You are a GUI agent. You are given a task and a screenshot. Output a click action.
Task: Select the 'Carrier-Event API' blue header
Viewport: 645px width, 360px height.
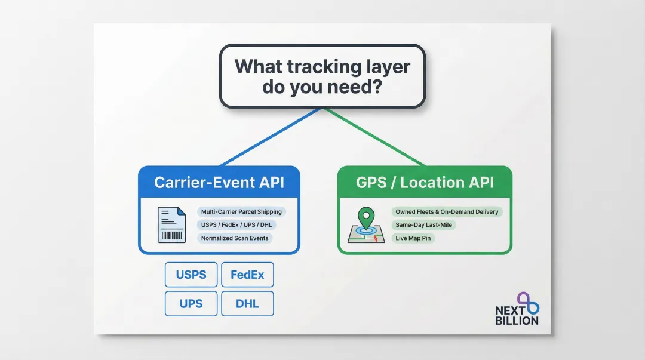[219, 182]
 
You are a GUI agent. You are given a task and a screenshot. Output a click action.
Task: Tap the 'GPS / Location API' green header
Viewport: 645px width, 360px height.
[425, 182]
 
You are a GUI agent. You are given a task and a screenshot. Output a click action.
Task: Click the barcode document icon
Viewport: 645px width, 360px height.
[171, 224]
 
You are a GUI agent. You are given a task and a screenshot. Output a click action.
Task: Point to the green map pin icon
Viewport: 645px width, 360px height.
[366, 221]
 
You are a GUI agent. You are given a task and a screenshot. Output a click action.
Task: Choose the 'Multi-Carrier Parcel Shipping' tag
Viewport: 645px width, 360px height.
[241, 211]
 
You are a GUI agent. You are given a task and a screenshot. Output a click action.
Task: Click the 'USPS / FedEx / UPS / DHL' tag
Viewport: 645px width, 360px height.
[238, 224]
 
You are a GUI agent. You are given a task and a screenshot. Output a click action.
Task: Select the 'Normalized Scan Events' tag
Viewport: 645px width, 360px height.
[235, 238]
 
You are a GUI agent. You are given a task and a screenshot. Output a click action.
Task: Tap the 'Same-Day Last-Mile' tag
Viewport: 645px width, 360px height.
[423, 224]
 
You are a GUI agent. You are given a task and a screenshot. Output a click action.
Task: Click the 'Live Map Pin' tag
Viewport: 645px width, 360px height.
[413, 238]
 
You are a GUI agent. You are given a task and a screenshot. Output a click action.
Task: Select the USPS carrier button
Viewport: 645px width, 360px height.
[191, 275]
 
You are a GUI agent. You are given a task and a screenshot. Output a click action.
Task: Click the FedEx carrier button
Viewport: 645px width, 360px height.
[247, 275]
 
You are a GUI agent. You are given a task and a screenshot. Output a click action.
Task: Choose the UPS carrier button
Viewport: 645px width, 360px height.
[191, 304]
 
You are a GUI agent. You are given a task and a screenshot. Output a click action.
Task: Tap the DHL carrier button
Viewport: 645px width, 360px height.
[247, 304]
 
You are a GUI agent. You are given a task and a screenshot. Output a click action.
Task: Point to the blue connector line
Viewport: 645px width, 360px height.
[272, 137]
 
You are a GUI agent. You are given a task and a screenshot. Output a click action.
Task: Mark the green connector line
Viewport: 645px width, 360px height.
[374, 137]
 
